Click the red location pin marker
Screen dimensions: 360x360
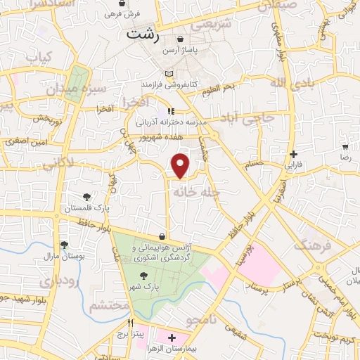[181, 165]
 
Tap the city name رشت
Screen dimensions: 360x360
[143, 34]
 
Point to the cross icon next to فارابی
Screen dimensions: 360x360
[294, 154]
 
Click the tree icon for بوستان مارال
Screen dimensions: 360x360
[65, 245]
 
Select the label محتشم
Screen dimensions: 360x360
[108, 306]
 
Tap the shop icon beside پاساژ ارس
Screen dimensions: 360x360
[182, 39]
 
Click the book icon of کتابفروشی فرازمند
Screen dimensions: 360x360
[167, 73]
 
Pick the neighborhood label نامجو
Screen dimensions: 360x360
[204, 322]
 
